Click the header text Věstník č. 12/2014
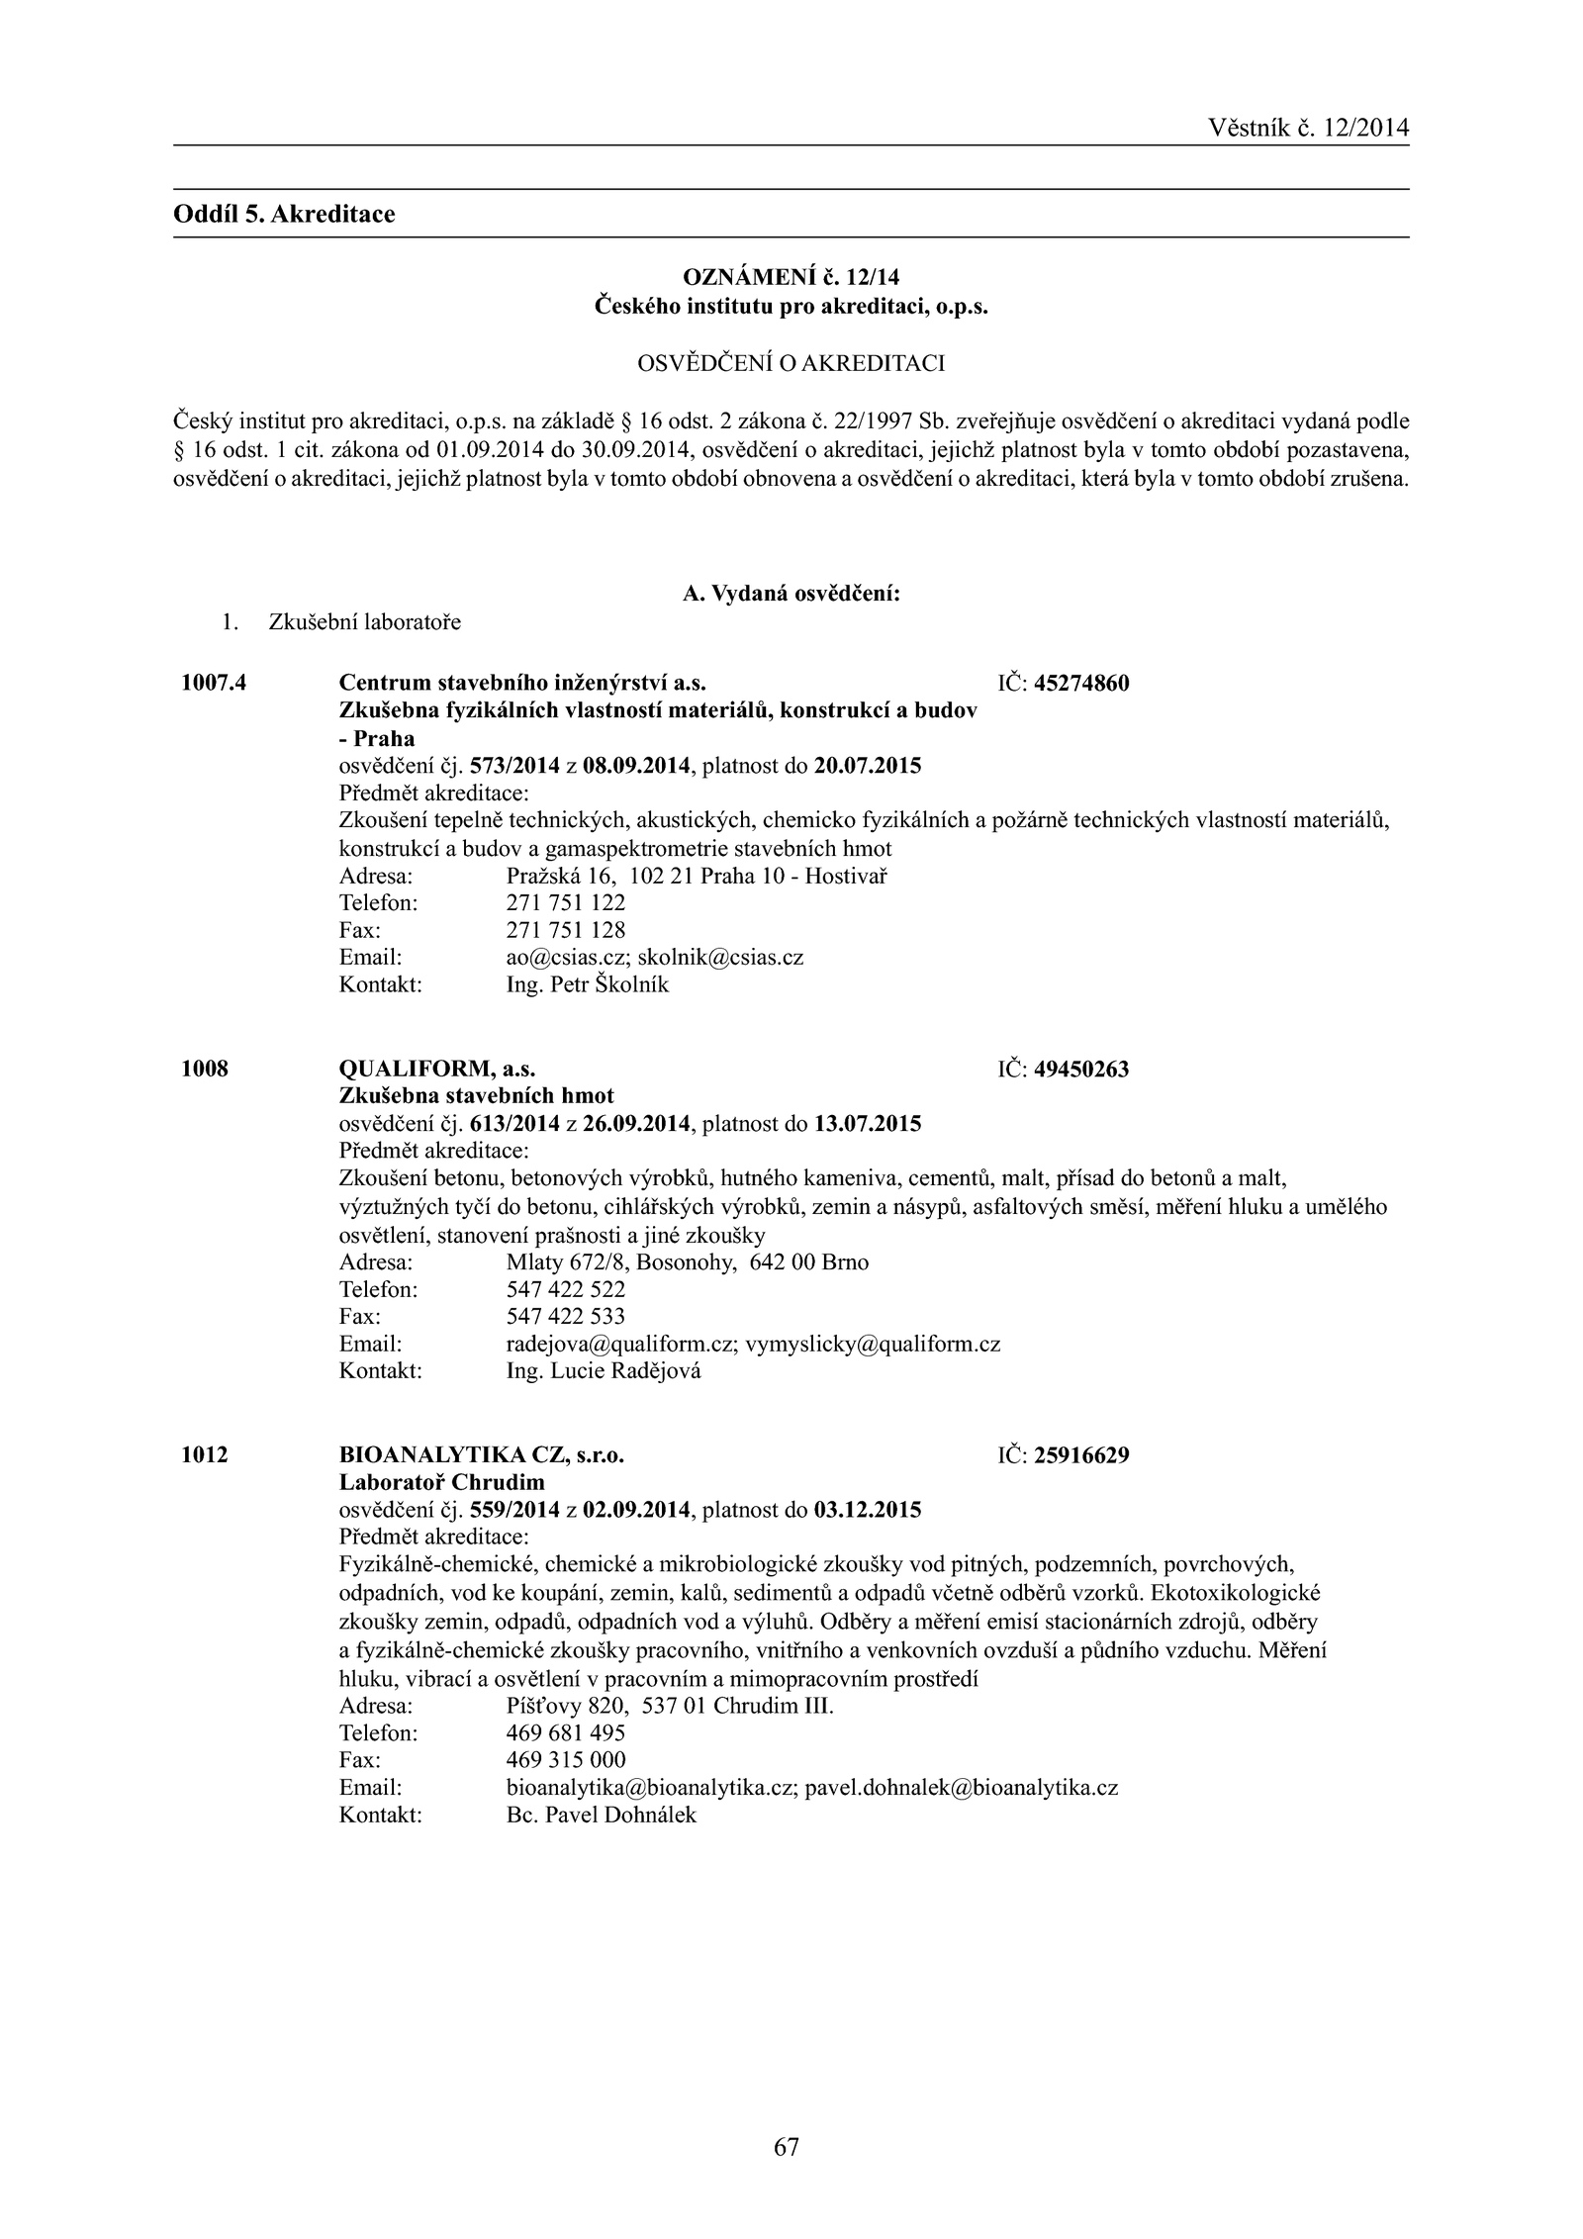coord(1308,128)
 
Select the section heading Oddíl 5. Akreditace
coord(284,214)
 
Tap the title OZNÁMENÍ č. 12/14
coord(791,279)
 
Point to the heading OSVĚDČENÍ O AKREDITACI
coord(791,364)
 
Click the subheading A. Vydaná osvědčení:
coord(791,594)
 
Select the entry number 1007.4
coord(214,683)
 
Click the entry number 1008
coord(205,1069)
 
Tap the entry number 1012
coord(205,1454)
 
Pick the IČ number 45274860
coord(1081,684)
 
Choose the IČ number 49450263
coord(1081,1070)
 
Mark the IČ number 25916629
coord(1081,1455)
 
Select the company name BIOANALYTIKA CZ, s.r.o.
coord(482,1454)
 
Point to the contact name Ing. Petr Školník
coord(587,985)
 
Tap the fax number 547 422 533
coord(565,1317)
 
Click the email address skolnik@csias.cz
coord(720,958)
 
